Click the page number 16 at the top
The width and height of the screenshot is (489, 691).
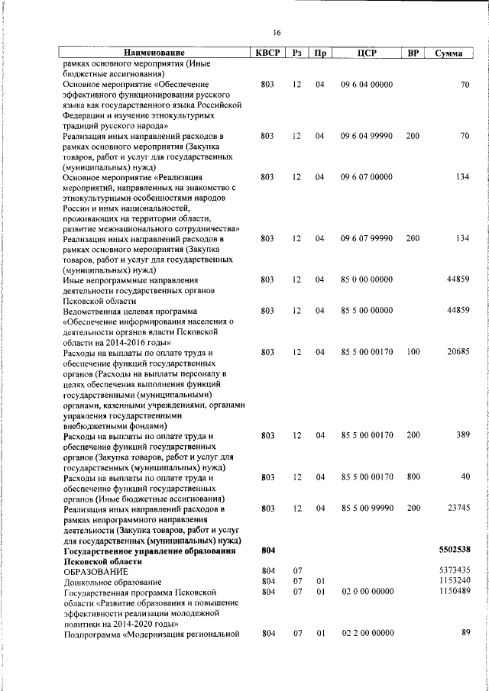pyautogui.click(x=277, y=32)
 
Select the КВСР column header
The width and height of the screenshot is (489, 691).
pyautogui.click(x=267, y=53)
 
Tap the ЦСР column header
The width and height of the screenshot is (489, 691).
pyautogui.click(x=366, y=53)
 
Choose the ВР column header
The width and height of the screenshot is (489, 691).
pyautogui.click(x=413, y=53)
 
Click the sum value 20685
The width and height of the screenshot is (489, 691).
pyautogui.click(x=457, y=352)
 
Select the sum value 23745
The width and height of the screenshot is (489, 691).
pyautogui.click(x=457, y=508)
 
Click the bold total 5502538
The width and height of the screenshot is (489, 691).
pyautogui.click(x=455, y=550)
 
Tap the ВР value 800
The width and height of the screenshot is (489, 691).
pyautogui.click(x=413, y=477)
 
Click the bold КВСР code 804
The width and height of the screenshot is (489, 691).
pyautogui.click(x=267, y=550)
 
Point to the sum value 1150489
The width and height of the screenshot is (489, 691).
pyautogui.click(x=455, y=592)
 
